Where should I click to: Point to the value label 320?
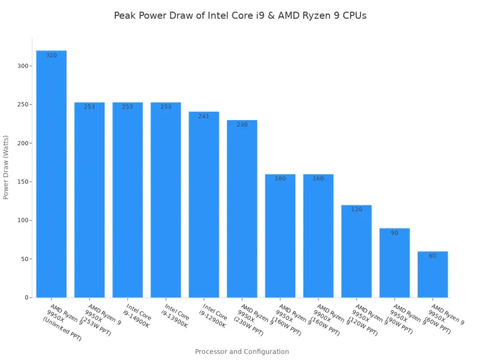click(51, 56)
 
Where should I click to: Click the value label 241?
click(204, 116)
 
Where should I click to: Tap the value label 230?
click(242, 125)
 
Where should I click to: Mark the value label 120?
click(356, 210)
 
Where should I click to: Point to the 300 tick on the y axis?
click(22, 66)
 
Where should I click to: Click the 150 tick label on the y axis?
click(22, 182)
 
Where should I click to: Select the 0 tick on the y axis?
click(26, 298)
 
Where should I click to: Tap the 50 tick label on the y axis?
click(23, 259)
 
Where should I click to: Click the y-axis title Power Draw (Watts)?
click(7, 174)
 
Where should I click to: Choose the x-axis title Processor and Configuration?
click(242, 352)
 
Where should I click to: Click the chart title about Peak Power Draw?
click(240, 16)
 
